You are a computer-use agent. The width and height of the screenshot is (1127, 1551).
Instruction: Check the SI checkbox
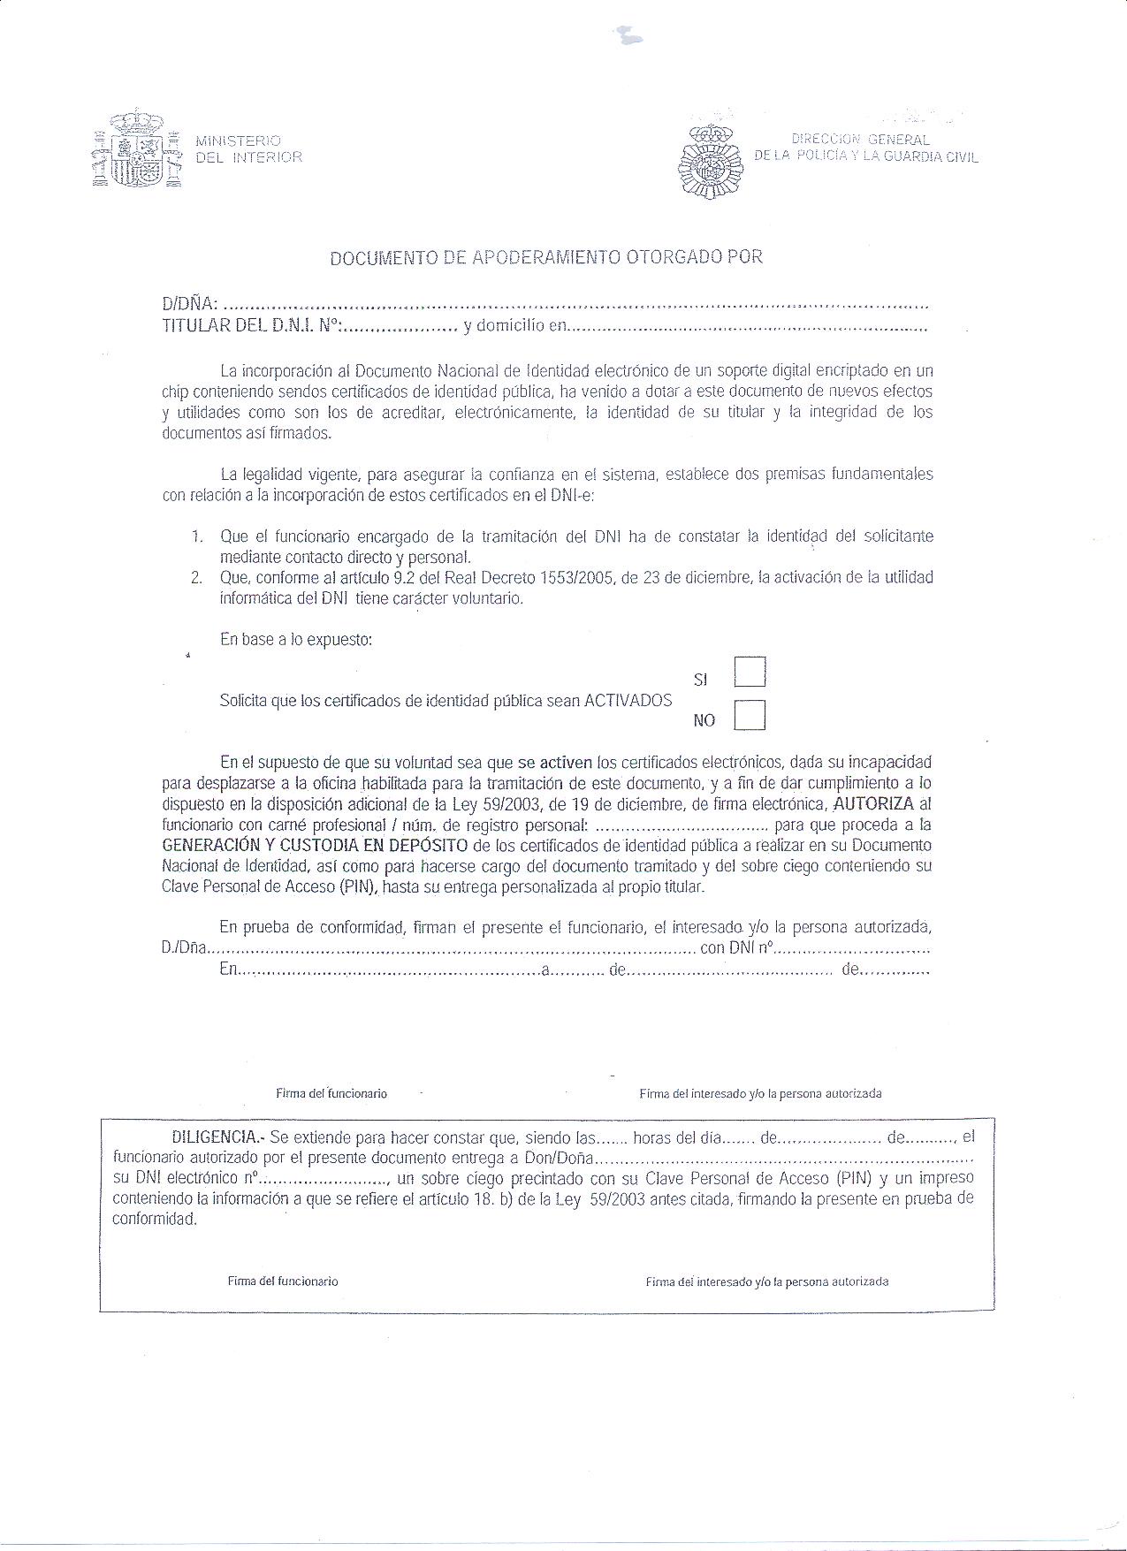point(750,672)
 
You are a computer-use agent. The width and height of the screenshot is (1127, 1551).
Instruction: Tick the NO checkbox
point(750,715)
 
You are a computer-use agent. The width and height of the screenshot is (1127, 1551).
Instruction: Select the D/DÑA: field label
point(189,305)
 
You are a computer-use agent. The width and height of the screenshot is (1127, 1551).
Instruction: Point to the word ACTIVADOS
point(628,701)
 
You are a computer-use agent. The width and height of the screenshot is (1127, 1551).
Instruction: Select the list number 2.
point(196,578)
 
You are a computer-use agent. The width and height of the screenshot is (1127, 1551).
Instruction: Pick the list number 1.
point(197,536)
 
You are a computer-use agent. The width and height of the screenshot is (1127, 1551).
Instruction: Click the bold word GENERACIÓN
point(208,846)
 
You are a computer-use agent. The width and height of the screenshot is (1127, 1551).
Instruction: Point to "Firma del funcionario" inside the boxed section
point(283,1281)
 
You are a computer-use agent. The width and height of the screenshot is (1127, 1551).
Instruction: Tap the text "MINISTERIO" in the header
point(238,141)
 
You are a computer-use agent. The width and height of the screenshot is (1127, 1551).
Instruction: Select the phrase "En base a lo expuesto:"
point(296,639)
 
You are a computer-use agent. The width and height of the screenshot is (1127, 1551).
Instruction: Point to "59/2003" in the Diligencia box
point(613,1199)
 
